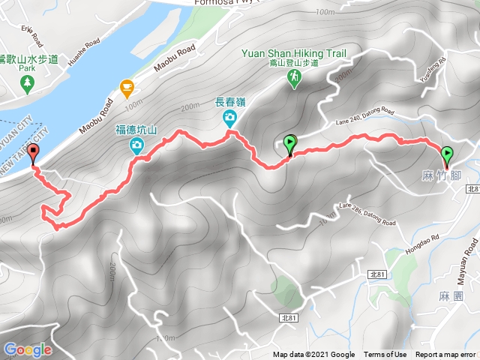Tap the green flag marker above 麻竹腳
tap(448, 155)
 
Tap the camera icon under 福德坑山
tap(137, 145)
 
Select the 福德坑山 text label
tap(135, 129)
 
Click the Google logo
tap(27, 349)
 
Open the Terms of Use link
tap(385, 355)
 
